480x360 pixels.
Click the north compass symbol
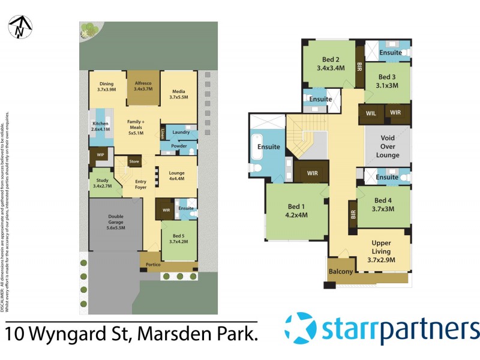[x=20, y=26]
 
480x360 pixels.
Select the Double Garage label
[x=115, y=220]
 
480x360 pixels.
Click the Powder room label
[x=179, y=145]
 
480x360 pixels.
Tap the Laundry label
[x=181, y=132]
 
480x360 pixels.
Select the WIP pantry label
[x=98, y=156]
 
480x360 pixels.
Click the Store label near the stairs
[x=134, y=162]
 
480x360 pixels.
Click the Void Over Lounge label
[x=388, y=146]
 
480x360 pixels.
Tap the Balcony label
[x=341, y=272]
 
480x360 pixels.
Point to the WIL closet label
[x=370, y=113]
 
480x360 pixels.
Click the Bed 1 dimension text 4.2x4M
[x=296, y=215]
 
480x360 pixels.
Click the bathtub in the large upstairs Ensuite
[x=257, y=147]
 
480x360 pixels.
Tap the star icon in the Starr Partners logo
[x=301, y=328]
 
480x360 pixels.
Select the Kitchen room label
[x=101, y=126]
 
